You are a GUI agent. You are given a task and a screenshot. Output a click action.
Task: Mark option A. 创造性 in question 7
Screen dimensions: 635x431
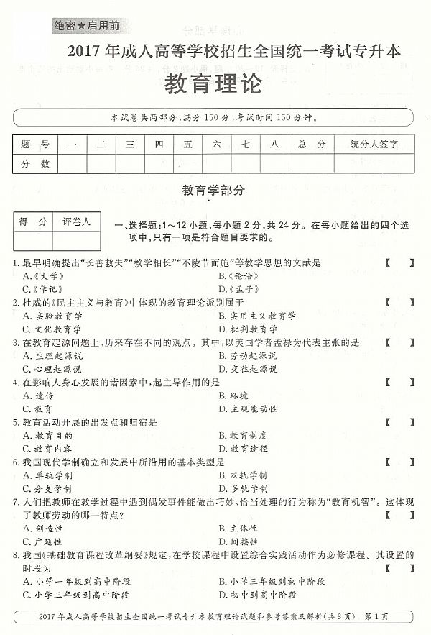coord(43,528)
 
